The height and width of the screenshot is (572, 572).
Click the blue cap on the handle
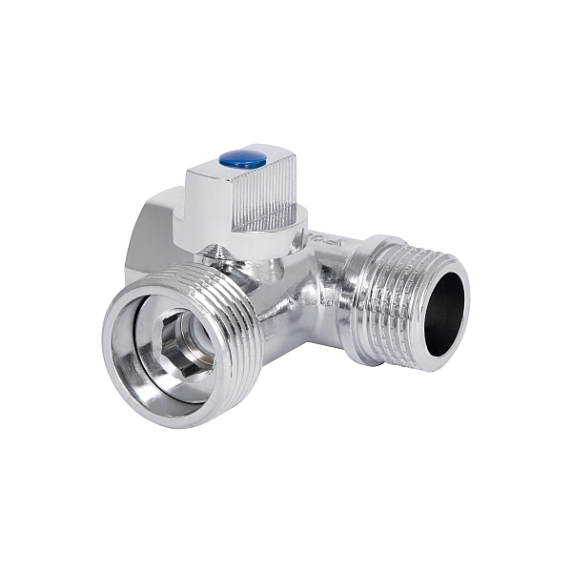242,159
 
